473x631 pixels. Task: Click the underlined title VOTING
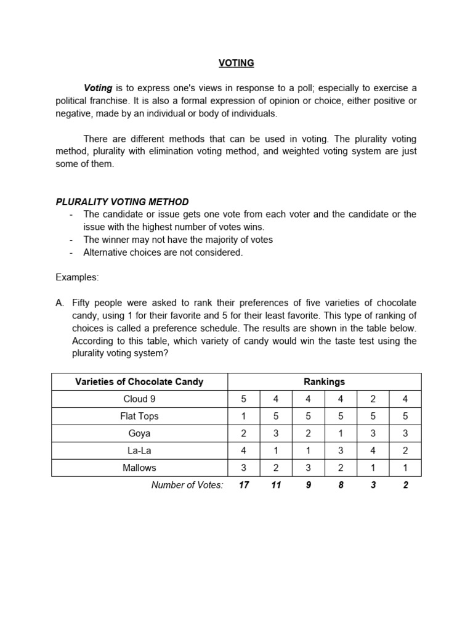pyautogui.click(x=236, y=63)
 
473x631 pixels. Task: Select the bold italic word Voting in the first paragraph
pyautogui.click(x=98, y=88)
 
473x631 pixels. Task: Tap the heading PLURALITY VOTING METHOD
pyautogui.click(x=122, y=202)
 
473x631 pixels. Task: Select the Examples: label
pyautogui.click(x=77, y=277)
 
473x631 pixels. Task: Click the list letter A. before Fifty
pyautogui.click(x=60, y=303)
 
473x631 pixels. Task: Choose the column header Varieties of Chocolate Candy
pyautogui.click(x=139, y=381)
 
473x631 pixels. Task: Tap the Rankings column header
pyautogui.click(x=325, y=381)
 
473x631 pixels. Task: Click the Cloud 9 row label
pyautogui.click(x=139, y=399)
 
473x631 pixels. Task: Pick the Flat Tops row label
pyautogui.click(x=139, y=416)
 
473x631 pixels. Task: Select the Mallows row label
pyautogui.click(x=139, y=468)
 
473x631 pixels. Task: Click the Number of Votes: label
pyautogui.click(x=187, y=485)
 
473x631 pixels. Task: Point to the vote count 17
pyautogui.click(x=244, y=485)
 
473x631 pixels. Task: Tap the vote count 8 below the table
pyautogui.click(x=341, y=485)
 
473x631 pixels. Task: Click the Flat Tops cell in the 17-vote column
pyautogui.click(x=244, y=416)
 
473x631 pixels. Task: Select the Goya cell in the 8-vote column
pyautogui.click(x=341, y=433)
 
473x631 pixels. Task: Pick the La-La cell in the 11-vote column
pyautogui.click(x=276, y=450)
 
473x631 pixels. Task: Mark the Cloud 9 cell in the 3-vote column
pyautogui.click(x=373, y=399)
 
